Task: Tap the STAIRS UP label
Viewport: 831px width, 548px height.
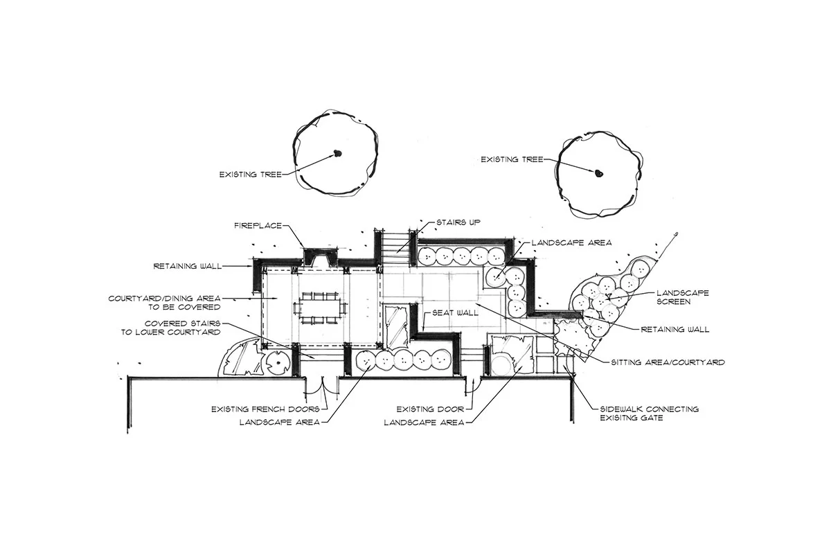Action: [458, 222]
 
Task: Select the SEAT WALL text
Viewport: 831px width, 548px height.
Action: [455, 313]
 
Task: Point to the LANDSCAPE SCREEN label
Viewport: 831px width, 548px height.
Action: [682, 297]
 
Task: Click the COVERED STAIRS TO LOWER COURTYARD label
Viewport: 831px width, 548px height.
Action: [183, 328]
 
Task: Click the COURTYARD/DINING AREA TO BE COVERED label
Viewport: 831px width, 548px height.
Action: [164, 302]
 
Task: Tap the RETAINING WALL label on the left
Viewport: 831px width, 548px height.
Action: [185, 265]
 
